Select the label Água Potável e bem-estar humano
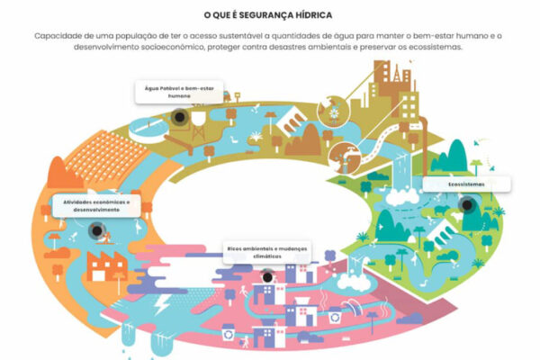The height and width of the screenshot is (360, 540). [179, 92]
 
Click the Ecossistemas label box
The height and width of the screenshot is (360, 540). [466, 184]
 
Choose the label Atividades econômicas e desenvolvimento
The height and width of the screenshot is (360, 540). [96, 206]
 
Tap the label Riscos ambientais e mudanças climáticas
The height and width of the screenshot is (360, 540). [267, 253]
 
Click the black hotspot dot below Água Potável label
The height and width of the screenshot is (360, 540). [179, 117]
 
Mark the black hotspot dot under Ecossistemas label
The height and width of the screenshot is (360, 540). [467, 205]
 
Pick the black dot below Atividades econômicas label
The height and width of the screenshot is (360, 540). [97, 230]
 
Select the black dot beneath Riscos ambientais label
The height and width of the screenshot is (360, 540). [267, 277]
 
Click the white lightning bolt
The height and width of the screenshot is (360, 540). [161, 304]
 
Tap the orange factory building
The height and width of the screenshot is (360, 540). [107, 266]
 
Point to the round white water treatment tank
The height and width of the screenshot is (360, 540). [149, 130]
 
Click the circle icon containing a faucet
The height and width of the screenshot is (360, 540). [345, 157]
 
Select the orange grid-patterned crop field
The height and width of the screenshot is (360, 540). [107, 157]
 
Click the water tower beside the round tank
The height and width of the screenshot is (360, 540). [199, 126]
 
